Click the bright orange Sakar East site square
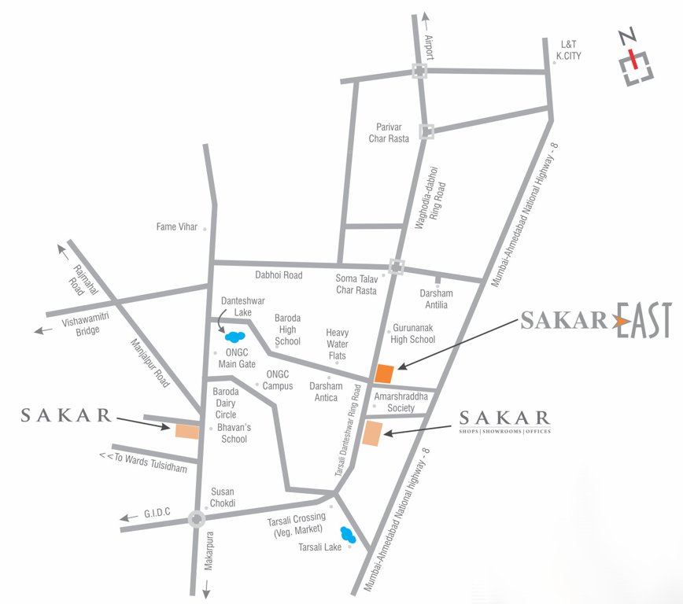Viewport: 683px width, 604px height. click(x=384, y=374)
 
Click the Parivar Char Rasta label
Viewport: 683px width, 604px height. click(x=389, y=133)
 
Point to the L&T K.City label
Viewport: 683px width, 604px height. click(x=568, y=50)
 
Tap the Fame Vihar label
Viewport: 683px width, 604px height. click(x=177, y=227)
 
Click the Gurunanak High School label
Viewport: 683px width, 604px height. click(x=412, y=333)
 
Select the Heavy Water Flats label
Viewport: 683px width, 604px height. click(x=337, y=344)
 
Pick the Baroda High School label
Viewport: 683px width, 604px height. click(x=287, y=330)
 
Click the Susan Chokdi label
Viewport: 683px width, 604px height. click(x=223, y=497)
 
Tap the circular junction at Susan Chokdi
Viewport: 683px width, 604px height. click(x=196, y=518)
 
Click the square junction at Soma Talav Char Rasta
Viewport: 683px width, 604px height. click(x=397, y=267)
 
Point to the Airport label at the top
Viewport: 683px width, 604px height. click(x=430, y=47)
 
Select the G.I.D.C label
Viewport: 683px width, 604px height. click(x=157, y=514)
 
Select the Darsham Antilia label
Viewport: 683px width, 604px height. click(x=436, y=299)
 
